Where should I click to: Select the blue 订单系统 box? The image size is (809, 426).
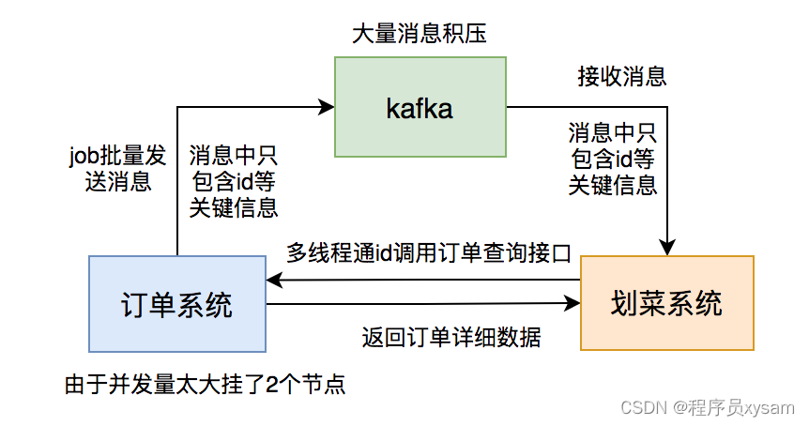(177, 303)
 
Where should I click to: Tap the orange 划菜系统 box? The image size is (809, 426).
(666, 302)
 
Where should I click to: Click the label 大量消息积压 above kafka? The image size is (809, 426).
(419, 35)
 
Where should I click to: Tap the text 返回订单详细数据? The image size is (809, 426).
(451, 335)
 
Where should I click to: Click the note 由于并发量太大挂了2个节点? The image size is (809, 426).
(204, 384)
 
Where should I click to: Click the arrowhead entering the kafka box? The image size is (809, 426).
(328, 107)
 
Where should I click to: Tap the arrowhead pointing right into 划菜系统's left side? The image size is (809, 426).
(573, 304)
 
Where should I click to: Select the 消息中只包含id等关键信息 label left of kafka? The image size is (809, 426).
(233, 181)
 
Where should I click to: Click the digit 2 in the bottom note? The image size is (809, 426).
(270, 384)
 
